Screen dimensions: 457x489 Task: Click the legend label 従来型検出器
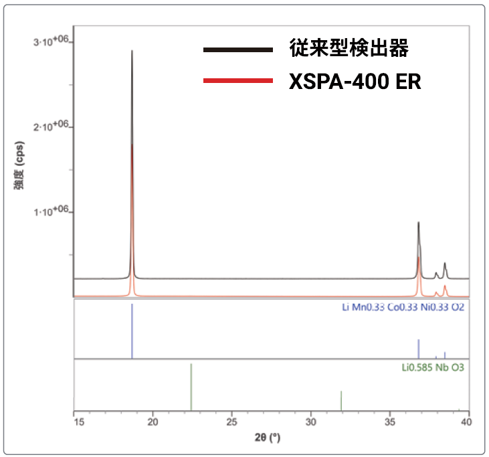348,49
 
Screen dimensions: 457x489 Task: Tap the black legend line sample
237,50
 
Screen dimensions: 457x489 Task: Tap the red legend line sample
237,81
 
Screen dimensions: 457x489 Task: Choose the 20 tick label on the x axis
153,422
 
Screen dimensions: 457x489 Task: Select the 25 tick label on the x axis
231,422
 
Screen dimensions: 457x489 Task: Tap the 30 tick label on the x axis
310,422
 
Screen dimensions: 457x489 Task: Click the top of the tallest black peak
132,52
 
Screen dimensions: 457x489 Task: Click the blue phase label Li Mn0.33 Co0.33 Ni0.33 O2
403,308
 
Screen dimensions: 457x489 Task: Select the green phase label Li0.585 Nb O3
433,367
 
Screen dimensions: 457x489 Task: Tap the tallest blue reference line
132,331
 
